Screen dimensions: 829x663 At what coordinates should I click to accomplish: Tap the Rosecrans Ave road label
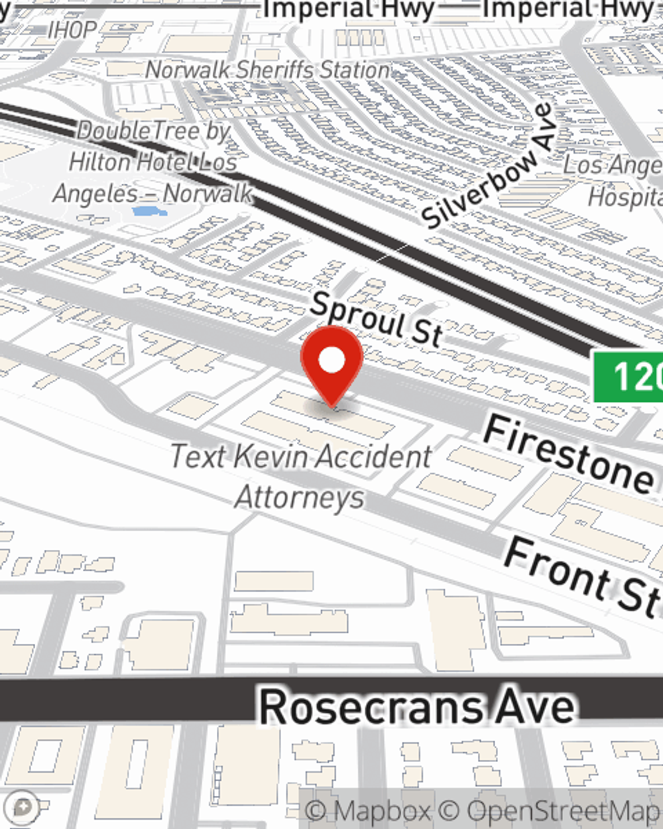(x=416, y=707)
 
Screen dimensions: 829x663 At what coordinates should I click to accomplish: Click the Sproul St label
(x=375, y=318)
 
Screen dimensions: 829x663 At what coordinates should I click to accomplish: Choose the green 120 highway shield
(x=630, y=377)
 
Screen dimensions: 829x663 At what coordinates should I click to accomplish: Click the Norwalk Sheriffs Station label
(x=267, y=69)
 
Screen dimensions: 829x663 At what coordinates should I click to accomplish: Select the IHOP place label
(x=72, y=30)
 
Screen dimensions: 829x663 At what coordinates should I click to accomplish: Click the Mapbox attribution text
(x=369, y=810)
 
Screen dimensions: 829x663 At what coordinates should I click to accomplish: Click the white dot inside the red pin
(x=331, y=361)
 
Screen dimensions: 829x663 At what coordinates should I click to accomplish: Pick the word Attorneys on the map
(x=300, y=497)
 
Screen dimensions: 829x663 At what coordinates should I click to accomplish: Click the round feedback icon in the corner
(x=23, y=807)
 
